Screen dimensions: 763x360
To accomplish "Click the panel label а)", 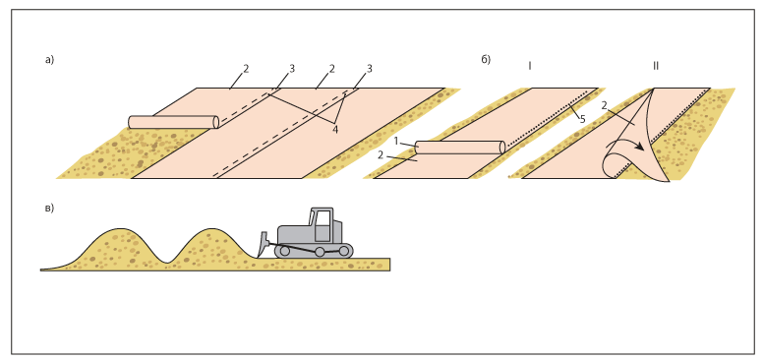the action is click(49, 60).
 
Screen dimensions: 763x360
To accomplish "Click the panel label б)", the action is click(486, 60).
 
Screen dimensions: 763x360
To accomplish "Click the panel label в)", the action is click(49, 209).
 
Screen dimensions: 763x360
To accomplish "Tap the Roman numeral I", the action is click(529, 66).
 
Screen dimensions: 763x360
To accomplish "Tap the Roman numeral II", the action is click(656, 66).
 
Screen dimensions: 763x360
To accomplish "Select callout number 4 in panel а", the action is click(334, 129).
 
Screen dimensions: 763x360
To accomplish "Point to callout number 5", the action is click(582, 119).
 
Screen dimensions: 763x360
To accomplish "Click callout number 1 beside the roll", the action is click(396, 141).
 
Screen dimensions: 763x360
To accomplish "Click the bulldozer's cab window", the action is click(323, 225).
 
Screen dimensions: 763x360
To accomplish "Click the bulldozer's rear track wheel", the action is click(344, 251).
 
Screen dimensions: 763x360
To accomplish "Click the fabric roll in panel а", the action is click(174, 122).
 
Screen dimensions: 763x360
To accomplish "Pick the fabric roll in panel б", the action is click(460, 148).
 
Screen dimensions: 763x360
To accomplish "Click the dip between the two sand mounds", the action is click(167, 263).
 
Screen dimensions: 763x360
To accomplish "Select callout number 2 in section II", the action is click(605, 105).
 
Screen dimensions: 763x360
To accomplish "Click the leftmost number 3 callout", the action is click(292, 69).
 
